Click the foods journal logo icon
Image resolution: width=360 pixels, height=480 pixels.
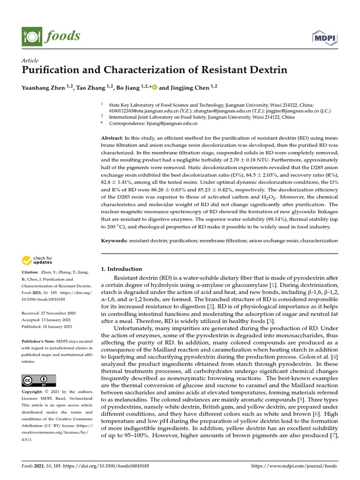[x=31, y=36]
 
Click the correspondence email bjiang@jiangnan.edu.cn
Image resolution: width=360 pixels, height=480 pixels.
[x=174, y=124]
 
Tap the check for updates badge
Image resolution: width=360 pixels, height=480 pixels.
[x=37, y=260]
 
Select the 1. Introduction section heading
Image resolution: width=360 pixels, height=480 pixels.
[x=121, y=269]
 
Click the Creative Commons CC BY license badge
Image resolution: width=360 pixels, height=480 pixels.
[x=38, y=380]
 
